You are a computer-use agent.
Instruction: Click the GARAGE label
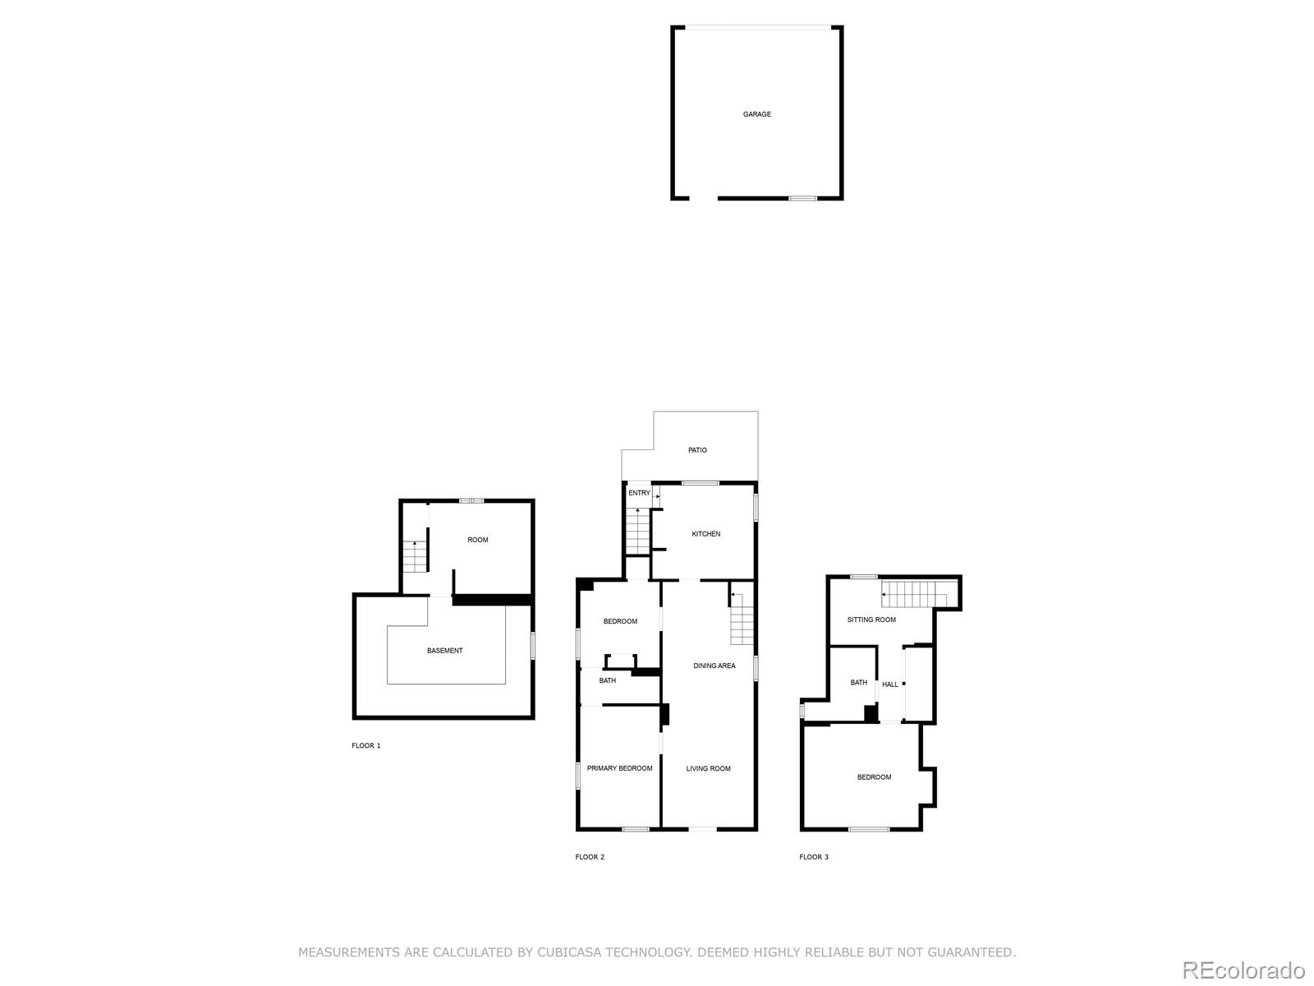coord(756,113)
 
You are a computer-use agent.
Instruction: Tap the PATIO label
coord(697,449)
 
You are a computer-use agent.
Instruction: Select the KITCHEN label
coord(705,533)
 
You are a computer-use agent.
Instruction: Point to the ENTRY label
coord(639,493)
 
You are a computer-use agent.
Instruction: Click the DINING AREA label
coord(714,665)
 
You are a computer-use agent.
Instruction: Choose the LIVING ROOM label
coord(708,768)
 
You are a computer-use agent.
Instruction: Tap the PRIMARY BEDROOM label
coord(619,768)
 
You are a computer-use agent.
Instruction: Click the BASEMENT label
coord(445,650)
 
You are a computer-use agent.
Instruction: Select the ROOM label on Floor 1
coord(478,539)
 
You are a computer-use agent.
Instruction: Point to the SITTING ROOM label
coord(871,620)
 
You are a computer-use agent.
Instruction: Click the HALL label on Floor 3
coord(890,684)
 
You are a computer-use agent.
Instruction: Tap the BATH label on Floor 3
coord(858,682)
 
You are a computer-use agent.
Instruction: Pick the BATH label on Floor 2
coord(607,680)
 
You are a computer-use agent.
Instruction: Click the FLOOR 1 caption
coord(365,745)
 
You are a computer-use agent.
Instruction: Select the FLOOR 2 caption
coord(590,857)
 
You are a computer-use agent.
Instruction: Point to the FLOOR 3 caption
coord(814,857)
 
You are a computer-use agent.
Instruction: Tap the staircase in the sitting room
coord(914,594)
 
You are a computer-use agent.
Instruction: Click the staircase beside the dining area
coord(741,619)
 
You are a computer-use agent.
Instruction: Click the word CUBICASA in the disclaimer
coord(568,951)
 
